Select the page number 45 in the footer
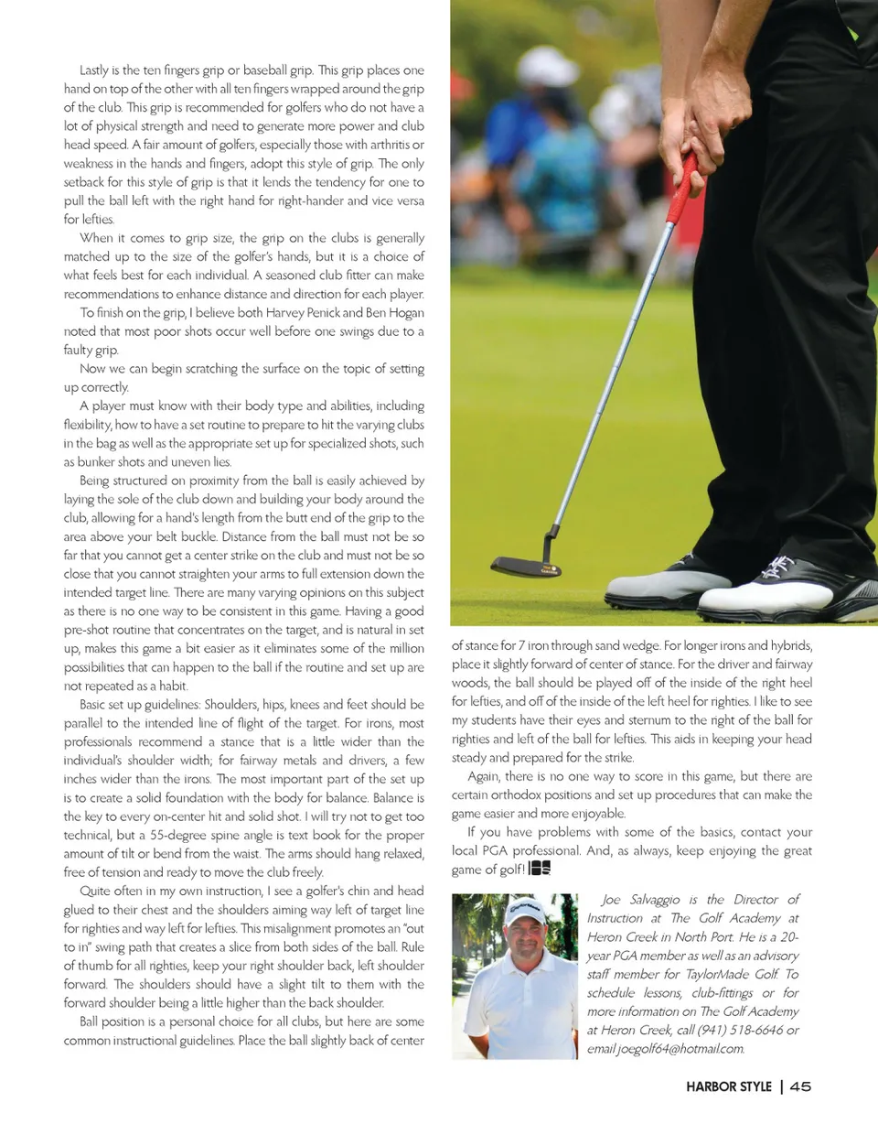click(x=801, y=1087)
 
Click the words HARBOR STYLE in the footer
click(x=727, y=1087)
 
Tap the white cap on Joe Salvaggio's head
click(x=525, y=912)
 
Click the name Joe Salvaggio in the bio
click(x=645, y=900)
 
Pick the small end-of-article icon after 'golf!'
click(x=540, y=868)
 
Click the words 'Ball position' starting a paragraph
click(x=115, y=1022)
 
